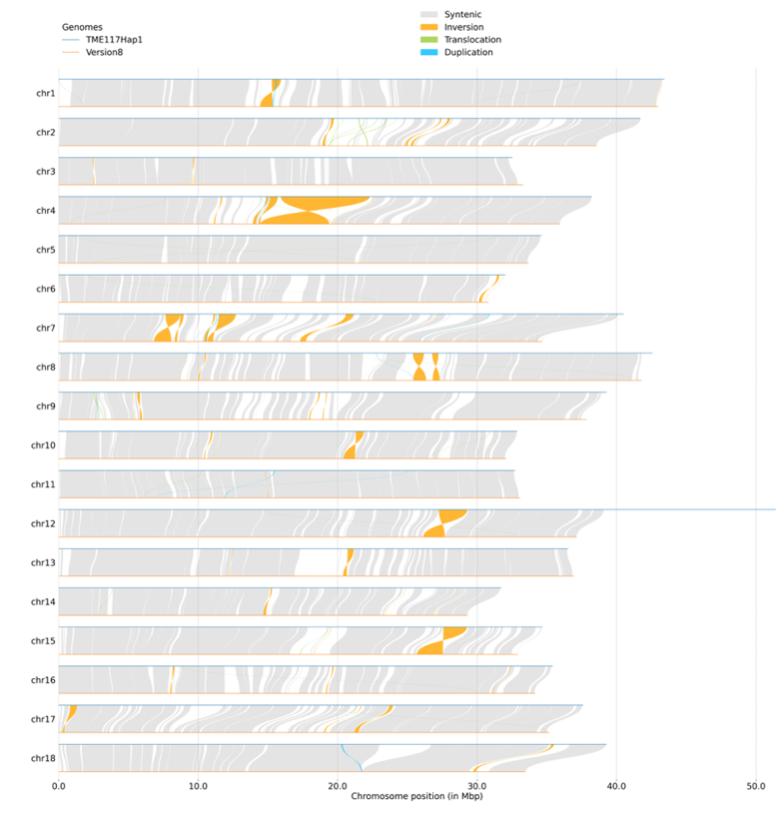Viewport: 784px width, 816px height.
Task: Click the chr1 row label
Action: (45, 93)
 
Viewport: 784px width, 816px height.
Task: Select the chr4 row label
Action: (45, 211)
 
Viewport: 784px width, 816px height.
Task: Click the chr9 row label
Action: (45, 407)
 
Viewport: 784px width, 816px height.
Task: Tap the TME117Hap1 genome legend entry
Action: (113, 40)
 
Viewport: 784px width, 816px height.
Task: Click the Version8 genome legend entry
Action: (105, 52)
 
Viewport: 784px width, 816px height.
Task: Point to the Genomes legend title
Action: (82, 27)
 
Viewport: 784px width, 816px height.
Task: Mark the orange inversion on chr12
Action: (444, 523)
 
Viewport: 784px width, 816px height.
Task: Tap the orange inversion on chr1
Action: (271, 93)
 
